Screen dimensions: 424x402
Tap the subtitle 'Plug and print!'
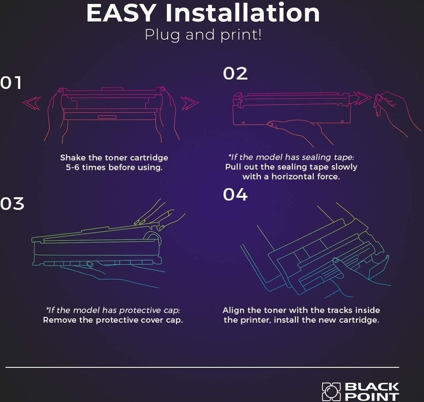point(203,35)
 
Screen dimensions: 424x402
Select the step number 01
point(10,83)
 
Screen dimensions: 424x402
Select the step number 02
point(235,74)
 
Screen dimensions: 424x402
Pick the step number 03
point(12,204)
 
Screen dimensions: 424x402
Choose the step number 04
point(235,194)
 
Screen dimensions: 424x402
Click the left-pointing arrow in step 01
point(31,103)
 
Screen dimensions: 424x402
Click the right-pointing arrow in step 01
point(190,103)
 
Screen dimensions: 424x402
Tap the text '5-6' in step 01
point(72,167)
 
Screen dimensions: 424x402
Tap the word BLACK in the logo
point(372,387)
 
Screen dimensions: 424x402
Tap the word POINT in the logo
point(372,397)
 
